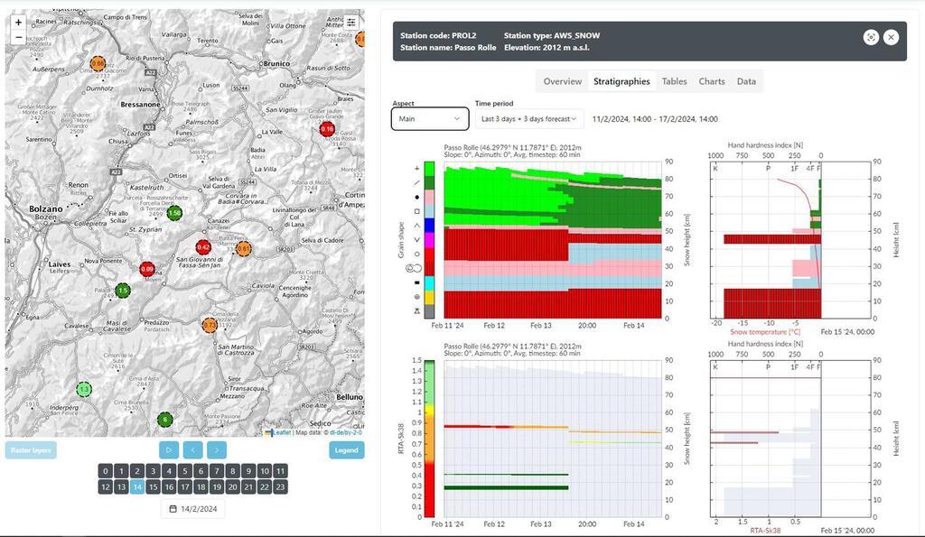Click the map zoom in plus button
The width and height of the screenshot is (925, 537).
click(x=18, y=22)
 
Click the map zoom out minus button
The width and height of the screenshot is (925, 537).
click(x=18, y=37)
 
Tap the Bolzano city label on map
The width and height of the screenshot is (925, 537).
click(x=46, y=208)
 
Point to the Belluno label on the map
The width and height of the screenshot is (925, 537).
click(x=349, y=396)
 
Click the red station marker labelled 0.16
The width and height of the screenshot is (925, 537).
click(x=327, y=130)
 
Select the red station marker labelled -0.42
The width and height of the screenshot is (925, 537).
click(x=204, y=247)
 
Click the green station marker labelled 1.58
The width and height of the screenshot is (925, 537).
click(x=174, y=213)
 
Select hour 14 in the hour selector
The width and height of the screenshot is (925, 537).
click(x=137, y=486)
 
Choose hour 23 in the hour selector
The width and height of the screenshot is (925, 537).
click(x=280, y=486)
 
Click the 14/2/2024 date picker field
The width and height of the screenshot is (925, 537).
click(x=194, y=509)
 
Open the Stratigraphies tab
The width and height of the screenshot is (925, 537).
click(x=621, y=81)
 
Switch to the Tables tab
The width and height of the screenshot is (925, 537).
click(x=674, y=81)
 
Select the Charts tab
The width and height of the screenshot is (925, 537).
click(x=712, y=81)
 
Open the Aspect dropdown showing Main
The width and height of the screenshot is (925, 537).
click(x=430, y=118)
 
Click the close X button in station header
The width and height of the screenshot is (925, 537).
click(x=891, y=37)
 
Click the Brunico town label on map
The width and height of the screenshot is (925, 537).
click(x=276, y=64)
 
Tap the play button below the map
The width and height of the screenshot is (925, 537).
click(x=168, y=449)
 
